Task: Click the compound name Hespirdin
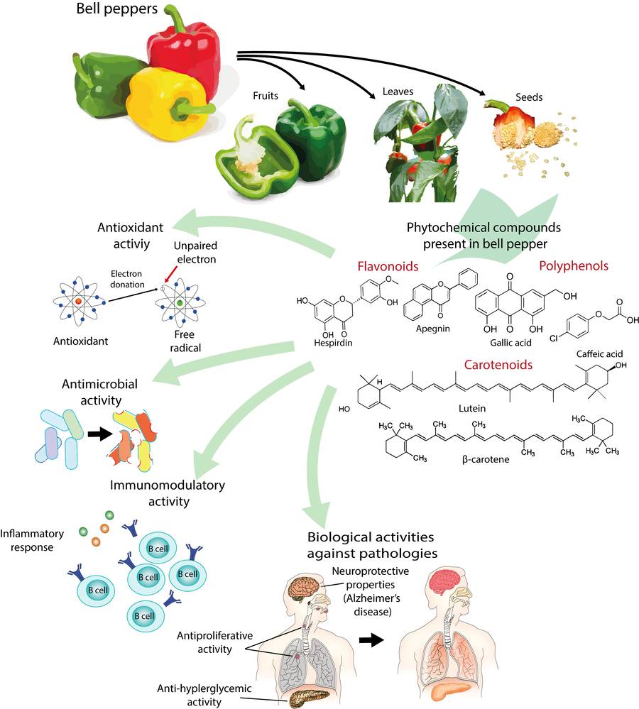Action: (x=334, y=341)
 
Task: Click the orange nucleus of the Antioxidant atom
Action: (x=77, y=303)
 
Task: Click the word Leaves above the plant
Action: (x=398, y=92)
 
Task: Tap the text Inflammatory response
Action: (x=33, y=539)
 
